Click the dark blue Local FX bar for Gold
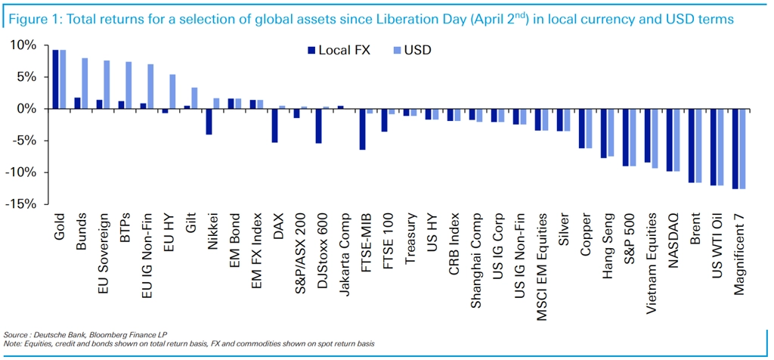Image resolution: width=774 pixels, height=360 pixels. tap(55, 79)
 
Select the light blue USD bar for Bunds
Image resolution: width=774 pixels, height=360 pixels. tap(85, 83)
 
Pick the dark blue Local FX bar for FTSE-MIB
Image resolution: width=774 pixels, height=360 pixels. tap(362, 129)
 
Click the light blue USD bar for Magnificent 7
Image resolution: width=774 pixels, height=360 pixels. tap(742, 149)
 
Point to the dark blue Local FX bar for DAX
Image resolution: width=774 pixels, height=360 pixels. tap(274, 126)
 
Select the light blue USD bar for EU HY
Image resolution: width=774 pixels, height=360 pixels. tap(172, 92)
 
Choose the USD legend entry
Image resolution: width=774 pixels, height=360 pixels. tap(411, 51)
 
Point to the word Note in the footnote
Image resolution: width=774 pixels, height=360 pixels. tap(11, 344)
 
